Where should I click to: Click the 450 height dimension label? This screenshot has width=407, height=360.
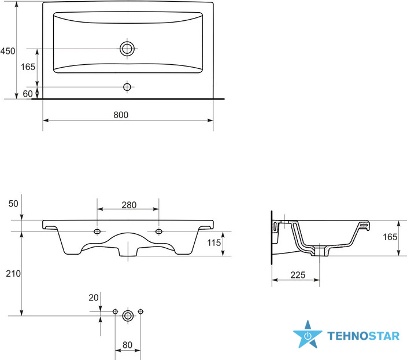tap(8, 51)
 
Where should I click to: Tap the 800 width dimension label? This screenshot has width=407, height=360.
tap(121, 115)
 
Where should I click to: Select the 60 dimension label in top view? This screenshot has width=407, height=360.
tap(28, 94)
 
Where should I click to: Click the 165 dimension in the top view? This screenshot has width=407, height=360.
tap(28, 67)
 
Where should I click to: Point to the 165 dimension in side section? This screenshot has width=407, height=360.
tap(390, 237)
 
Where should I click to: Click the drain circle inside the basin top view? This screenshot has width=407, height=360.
tap(127, 49)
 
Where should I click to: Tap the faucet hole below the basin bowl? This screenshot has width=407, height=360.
tap(127, 87)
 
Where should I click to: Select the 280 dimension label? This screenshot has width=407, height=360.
tap(129, 205)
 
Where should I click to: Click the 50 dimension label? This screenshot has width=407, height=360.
tap(13, 204)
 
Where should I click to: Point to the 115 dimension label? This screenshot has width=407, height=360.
tap(214, 243)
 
